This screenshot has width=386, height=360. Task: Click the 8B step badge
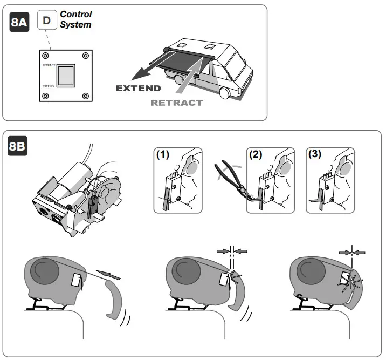[x=19, y=147]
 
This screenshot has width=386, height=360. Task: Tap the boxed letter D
[x=47, y=21]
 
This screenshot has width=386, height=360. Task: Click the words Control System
[x=75, y=19]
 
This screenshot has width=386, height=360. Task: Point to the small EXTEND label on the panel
[x=48, y=85]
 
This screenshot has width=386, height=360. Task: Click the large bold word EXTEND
[x=139, y=89]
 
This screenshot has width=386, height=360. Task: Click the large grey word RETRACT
[x=177, y=103]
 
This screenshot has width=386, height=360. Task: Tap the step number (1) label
[x=162, y=153]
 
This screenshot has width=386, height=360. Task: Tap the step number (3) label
[x=314, y=153]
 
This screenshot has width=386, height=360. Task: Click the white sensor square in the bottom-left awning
[x=76, y=280]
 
